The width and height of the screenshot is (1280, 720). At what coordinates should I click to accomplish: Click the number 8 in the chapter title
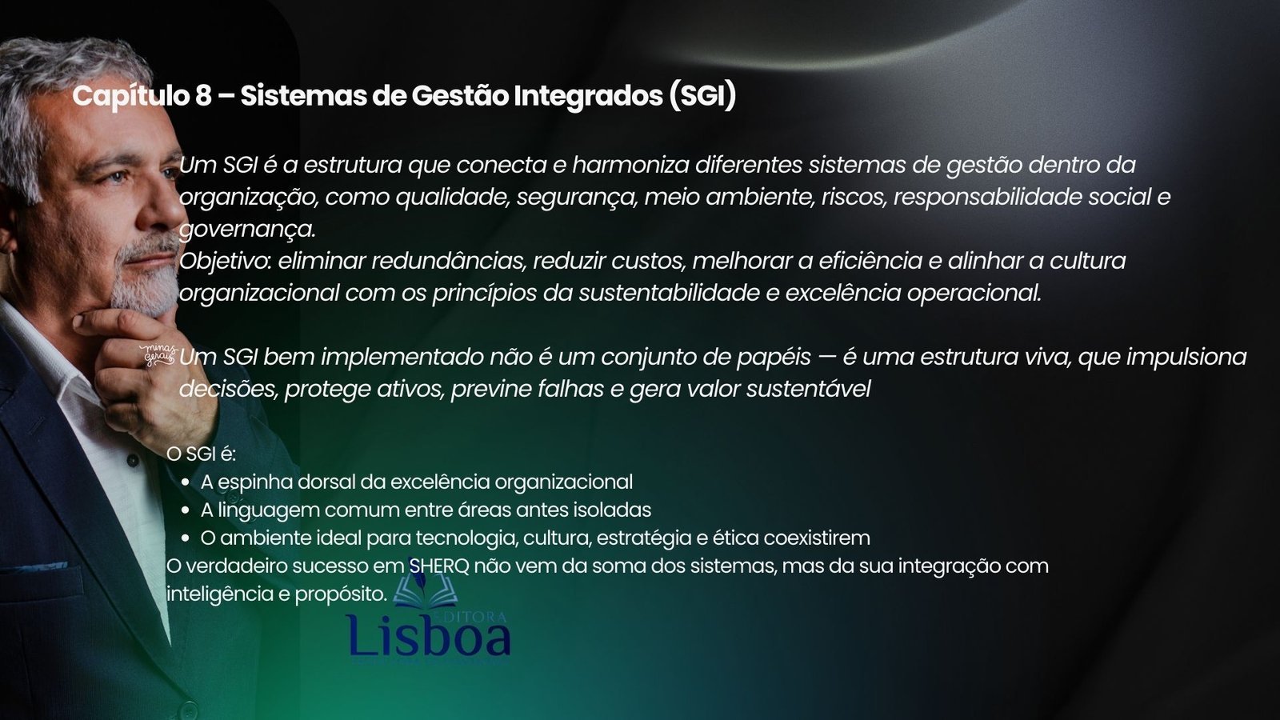pyautogui.click(x=203, y=96)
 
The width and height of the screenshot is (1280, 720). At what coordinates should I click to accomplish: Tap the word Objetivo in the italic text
pyautogui.click(x=224, y=261)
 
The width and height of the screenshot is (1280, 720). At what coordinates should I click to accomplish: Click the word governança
pyautogui.click(x=247, y=230)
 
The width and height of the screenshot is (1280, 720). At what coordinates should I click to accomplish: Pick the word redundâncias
pyautogui.click(x=448, y=261)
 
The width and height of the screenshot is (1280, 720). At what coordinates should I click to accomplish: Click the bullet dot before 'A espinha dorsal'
pyautogui.click(x=186, y=482)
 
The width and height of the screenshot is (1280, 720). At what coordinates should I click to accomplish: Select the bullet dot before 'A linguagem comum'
pyautogui.click(x=186, y=510)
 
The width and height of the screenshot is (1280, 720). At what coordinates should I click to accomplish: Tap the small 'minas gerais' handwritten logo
pyautogui.click(x=155, y=354)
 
